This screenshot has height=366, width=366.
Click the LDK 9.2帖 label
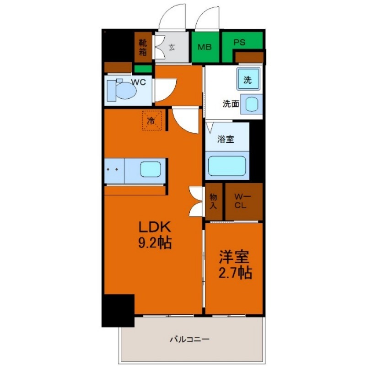(155, 234)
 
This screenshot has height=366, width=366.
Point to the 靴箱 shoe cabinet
(143, 46)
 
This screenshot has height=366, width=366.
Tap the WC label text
(139, 82)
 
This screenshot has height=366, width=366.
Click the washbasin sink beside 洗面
(251, 104)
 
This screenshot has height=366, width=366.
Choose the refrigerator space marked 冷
(151, 121)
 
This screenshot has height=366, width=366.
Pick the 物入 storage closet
(214, 201)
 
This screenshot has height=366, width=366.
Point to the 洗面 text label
(231, 104)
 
